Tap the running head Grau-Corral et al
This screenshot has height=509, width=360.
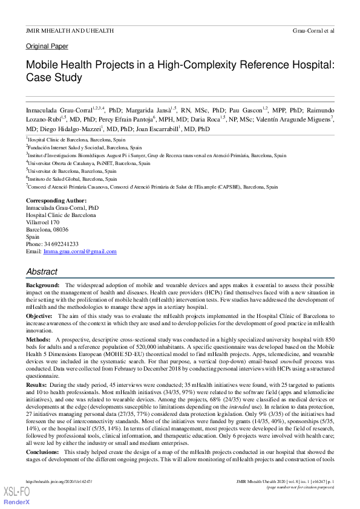[313, 30]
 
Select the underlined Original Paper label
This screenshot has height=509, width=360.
[47, 47]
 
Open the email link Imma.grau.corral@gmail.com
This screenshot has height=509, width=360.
[79, 251]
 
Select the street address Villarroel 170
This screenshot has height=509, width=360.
[43, 222]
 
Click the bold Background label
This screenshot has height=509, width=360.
[42, 285]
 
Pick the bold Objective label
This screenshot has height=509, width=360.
[39, 316]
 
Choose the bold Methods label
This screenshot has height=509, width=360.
[38, 340]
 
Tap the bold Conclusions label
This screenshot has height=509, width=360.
[42, 451]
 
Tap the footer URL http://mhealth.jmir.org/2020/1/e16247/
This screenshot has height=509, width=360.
[59, 481]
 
